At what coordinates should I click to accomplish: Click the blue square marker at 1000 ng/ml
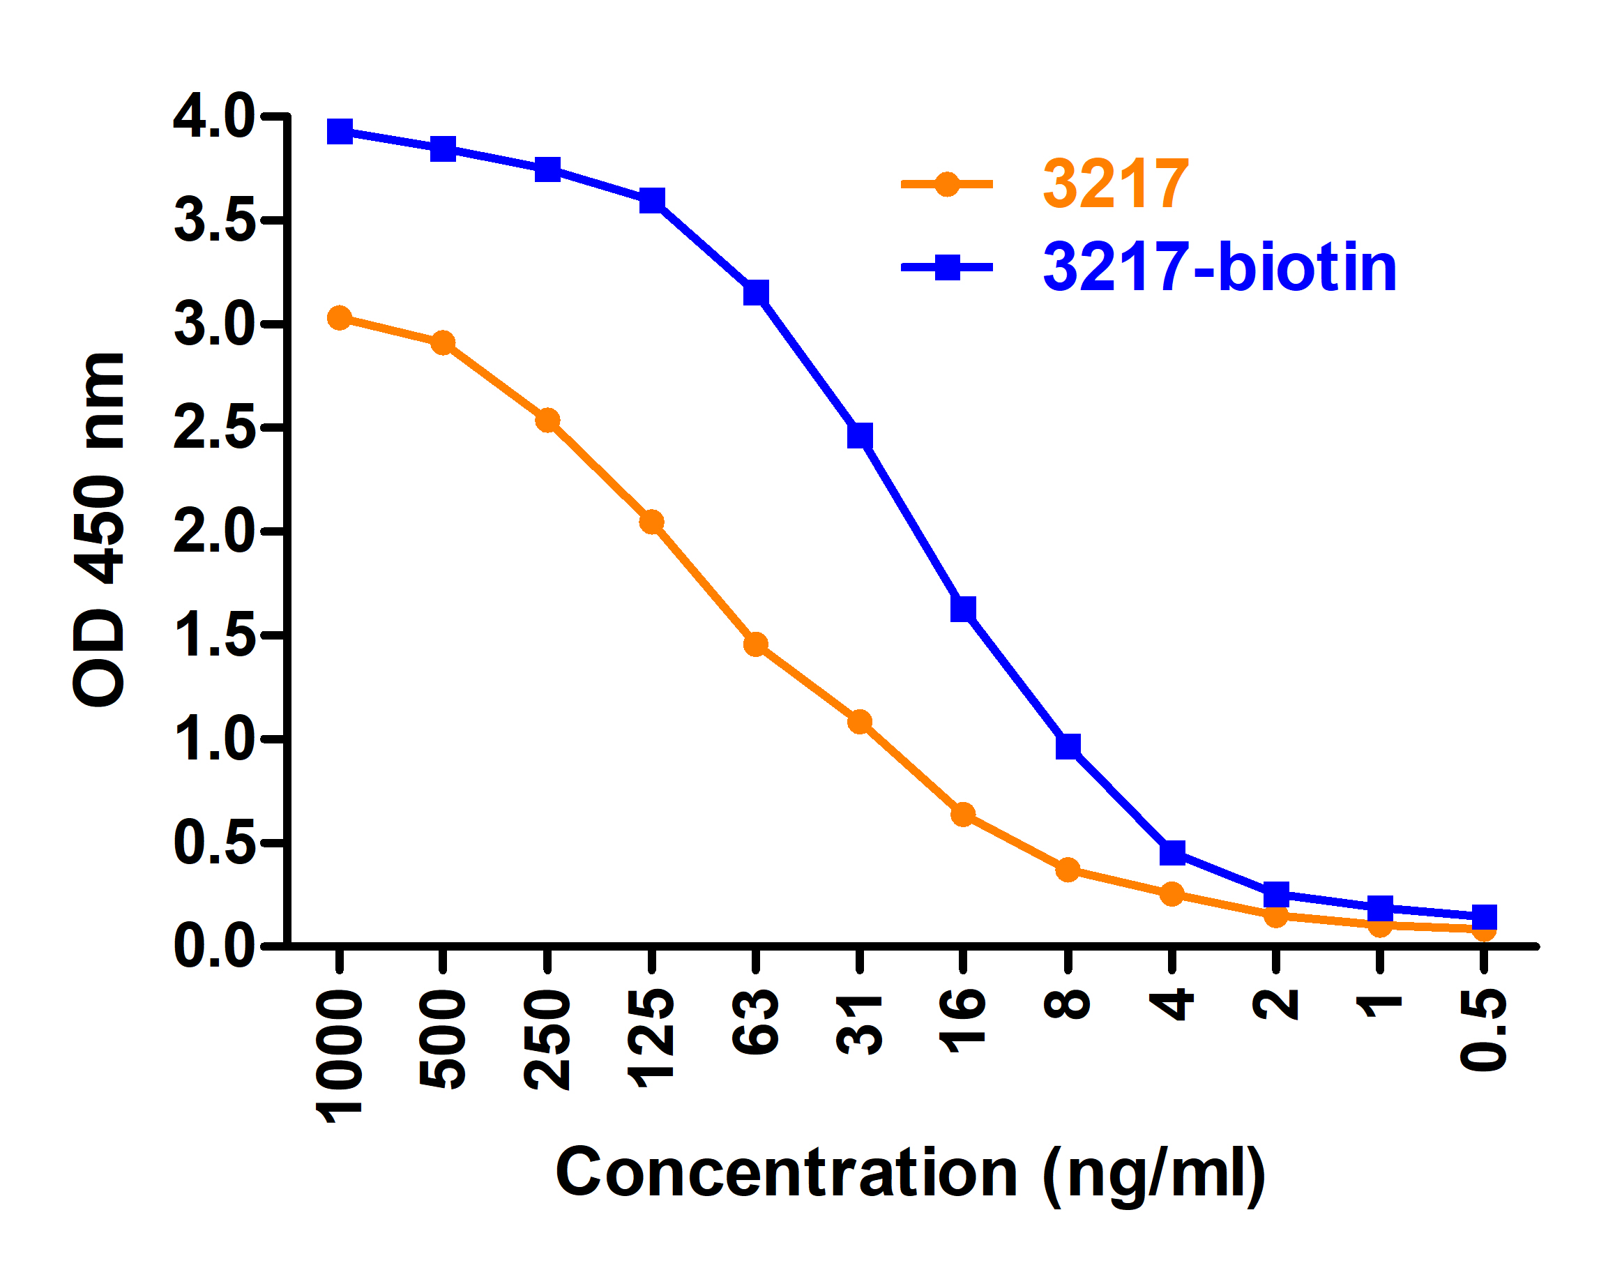coord(340,133)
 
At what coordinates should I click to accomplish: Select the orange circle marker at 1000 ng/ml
coord(340,318)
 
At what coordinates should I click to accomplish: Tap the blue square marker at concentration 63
coord(755,293)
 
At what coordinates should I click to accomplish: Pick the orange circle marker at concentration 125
coord(651,523)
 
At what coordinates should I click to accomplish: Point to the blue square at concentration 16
coord(963,609)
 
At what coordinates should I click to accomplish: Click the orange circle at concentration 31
coord(860,721)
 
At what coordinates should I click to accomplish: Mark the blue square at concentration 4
coord(1172,853)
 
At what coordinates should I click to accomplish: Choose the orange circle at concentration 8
coord(1068,869)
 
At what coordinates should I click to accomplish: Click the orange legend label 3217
coord(1115,184)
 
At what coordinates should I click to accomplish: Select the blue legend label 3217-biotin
coord(1220,268)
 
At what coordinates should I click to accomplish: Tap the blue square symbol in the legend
coord(946,267)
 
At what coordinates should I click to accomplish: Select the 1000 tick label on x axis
coord(340,1056)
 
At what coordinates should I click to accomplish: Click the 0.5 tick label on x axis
coord(1483,1031)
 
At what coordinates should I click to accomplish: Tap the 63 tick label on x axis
coord(755,1022)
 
